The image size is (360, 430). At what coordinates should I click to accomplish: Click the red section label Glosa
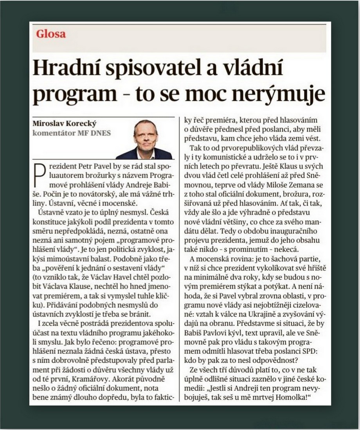[x=51, y=34]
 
